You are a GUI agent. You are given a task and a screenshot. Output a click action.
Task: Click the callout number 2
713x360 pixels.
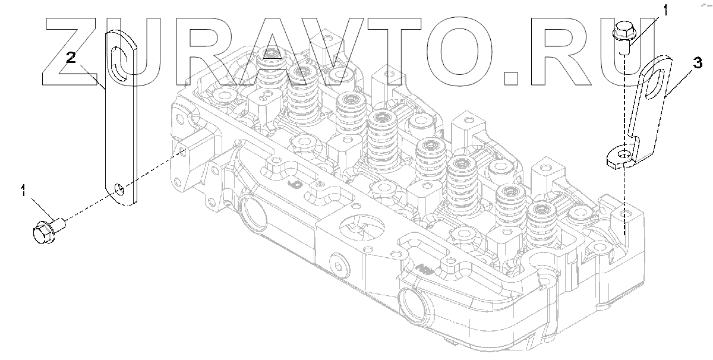tap(71, 58)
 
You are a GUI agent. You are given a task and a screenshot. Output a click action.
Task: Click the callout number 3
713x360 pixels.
tap(698, 63)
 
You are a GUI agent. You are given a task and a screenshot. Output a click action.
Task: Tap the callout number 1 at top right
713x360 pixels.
tap(665, 11)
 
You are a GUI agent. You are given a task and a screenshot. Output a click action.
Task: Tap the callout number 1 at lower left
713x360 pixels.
tap(23, 190)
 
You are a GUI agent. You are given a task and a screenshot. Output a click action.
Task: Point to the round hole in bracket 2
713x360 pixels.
tap(119, 189)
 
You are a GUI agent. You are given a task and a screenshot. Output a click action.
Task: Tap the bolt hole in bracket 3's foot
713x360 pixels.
tap(624, 154)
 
